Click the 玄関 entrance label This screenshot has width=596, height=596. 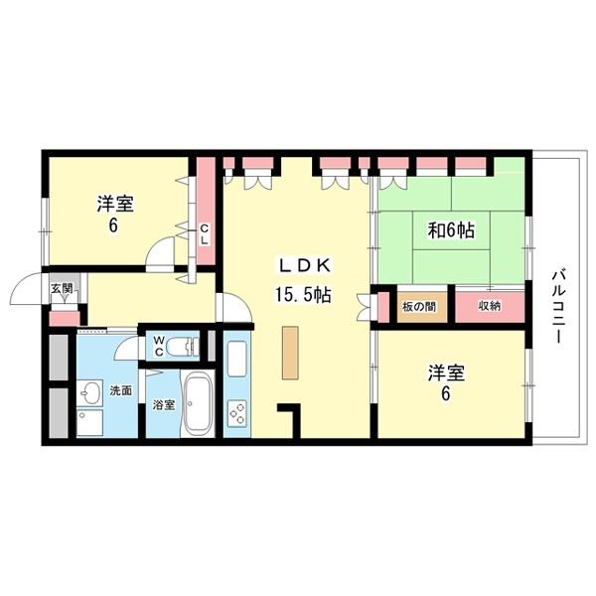[x=62, y=289]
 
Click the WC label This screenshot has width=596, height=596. [x=159, y=347]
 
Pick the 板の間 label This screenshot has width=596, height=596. [x=416, y=306]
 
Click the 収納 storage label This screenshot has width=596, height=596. [x=489, y=306]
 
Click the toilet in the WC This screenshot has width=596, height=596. [x=182, y=347]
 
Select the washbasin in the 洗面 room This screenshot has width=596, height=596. [x=89, y=391]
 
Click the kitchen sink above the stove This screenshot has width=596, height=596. [x=237, y=360]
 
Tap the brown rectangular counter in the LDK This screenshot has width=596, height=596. [x=290, y=352]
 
